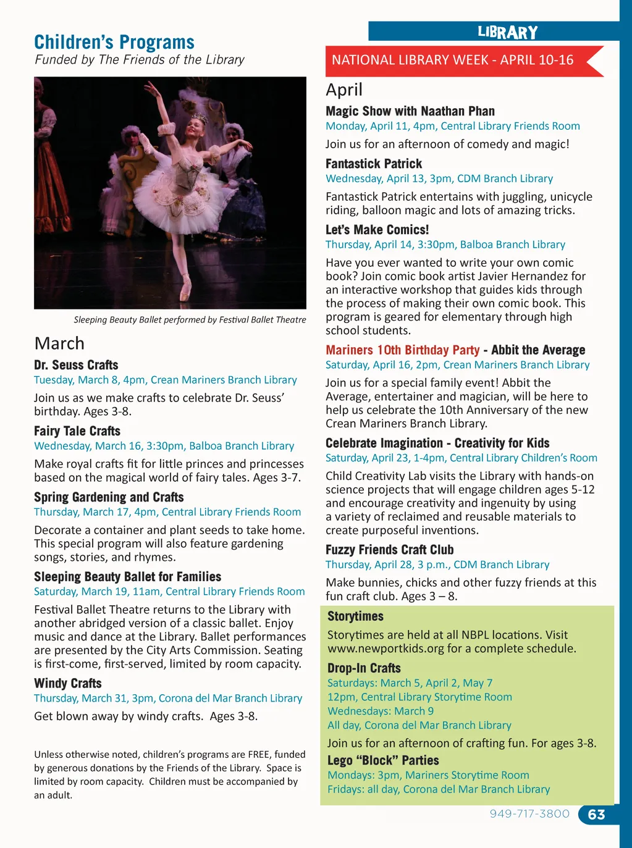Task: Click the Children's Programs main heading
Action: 114,42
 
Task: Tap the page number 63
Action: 596,815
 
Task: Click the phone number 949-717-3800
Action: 529,814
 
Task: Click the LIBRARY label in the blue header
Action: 508,32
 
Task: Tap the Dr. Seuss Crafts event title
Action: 76,365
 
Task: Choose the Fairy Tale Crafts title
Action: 77,431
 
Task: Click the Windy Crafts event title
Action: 68,683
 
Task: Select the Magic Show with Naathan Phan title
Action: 410,111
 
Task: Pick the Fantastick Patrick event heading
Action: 374,164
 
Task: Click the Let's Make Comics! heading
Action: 377,230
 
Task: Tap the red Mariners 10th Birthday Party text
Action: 402,350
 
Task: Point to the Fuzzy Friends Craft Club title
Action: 389,550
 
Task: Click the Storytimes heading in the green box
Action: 355,616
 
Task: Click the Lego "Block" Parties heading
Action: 383,760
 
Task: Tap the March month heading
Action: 59,343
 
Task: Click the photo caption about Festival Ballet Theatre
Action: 190,320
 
